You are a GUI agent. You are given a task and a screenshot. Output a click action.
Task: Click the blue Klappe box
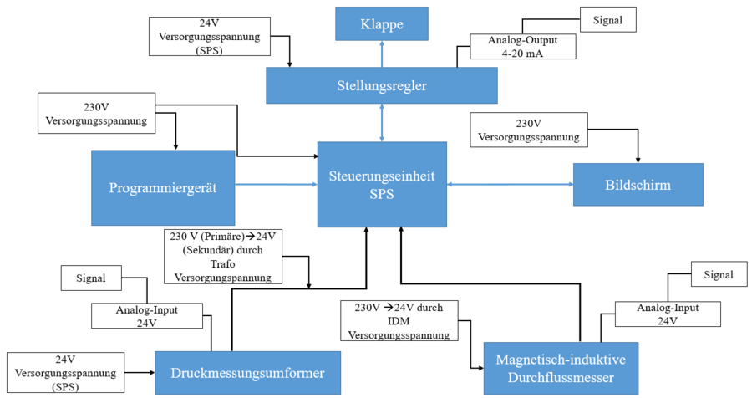[x=382, y=23]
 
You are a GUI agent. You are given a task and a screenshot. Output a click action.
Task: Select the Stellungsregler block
[x=381, y=84]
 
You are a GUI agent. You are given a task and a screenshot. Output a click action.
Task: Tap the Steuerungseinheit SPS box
[x=382, y=184]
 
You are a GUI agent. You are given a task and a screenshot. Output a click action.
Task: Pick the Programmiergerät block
[x=163, y=188]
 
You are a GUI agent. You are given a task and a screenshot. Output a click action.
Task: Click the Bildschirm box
[x=637, y=184]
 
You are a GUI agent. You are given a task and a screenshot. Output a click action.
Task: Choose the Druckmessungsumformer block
[x=248, y=372]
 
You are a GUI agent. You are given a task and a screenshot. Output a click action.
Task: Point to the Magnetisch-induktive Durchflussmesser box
[x=561, y=368]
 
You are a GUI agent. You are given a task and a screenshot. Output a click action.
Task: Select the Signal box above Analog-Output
[x=607, y=18]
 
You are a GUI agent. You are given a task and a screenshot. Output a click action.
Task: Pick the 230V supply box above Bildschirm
[x=529, y=130]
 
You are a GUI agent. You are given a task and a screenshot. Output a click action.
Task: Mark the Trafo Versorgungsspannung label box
[x=223, y=257]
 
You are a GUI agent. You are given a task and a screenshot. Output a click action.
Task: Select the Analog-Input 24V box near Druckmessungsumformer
[x=147, y=315]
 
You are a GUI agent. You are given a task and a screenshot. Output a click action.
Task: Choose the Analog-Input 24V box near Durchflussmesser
[x=668, y=314]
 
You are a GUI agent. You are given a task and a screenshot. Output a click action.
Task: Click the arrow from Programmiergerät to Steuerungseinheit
[x=276, y=184]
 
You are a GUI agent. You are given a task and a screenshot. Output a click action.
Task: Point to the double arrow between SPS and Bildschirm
[x=510, y=184]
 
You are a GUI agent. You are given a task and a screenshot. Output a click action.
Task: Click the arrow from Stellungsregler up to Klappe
[x=382, y=54]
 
